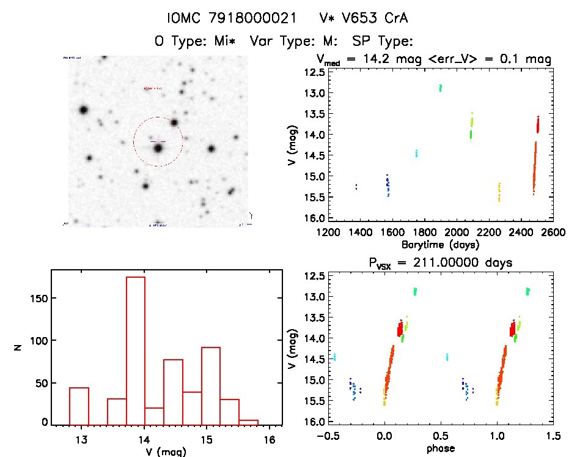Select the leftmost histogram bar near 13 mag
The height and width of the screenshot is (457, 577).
tap(79, 406)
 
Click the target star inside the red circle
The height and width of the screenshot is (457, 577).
tap(158, 147)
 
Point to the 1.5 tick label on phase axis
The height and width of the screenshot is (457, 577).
tap(553, 437)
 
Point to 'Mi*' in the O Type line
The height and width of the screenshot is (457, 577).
tap(231, 42)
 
